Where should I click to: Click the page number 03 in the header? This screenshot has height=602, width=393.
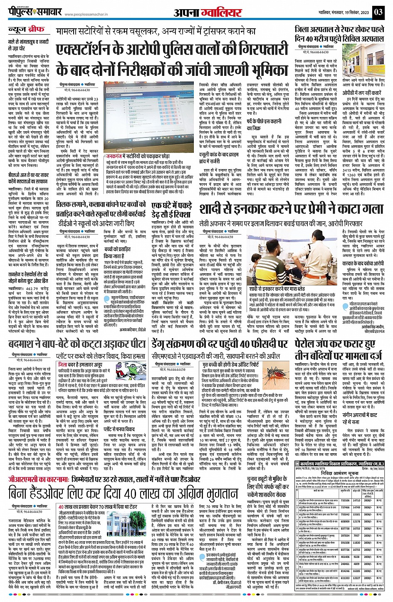[x=378, y=12]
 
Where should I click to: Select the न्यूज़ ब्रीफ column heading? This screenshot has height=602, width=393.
[x=27, y=30]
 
